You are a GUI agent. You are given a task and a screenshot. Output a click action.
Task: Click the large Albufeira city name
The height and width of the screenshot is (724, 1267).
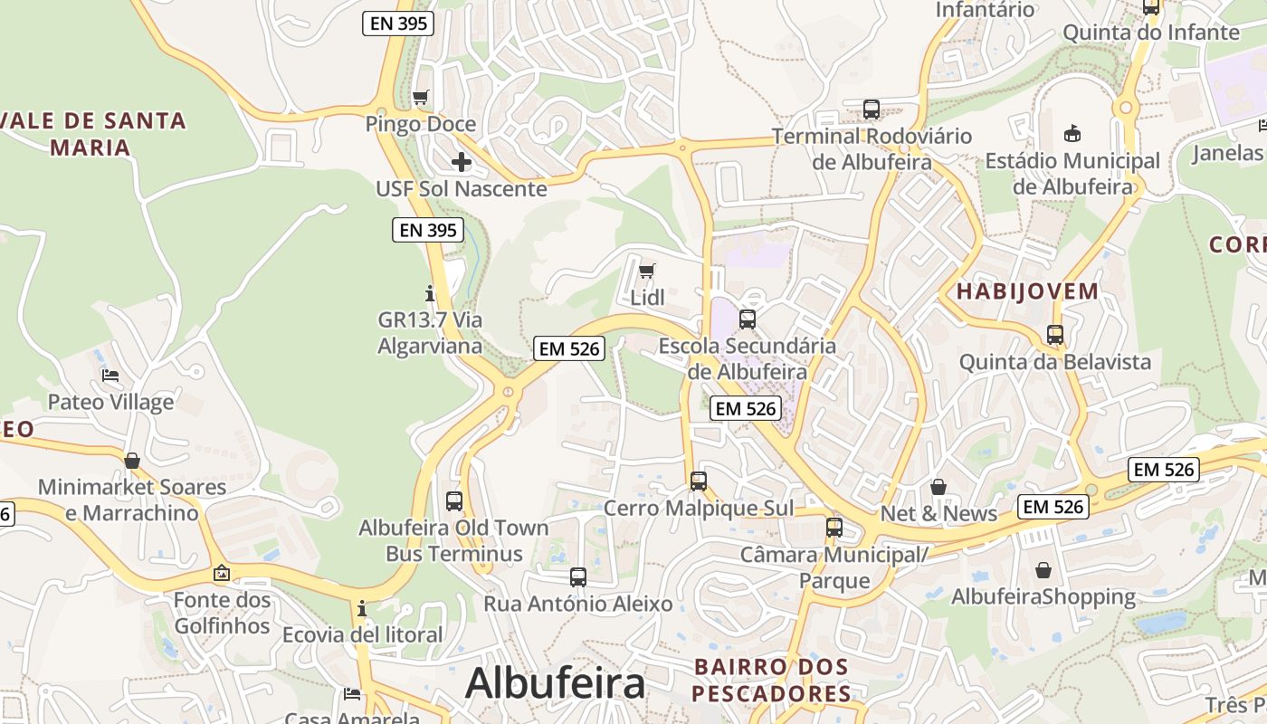[555, 683]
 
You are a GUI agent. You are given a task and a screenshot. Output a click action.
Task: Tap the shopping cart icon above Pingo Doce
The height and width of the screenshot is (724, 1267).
[420, 97]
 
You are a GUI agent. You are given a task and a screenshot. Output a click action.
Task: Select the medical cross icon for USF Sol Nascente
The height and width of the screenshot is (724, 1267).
[462, 162]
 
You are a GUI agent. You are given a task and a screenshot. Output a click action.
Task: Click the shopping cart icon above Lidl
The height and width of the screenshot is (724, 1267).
[646, 271]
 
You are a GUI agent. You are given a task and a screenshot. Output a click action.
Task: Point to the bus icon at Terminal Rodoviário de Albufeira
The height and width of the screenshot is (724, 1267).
[872, 110]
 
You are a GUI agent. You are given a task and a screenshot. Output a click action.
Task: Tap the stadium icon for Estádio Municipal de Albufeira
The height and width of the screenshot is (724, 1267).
[1072, 134]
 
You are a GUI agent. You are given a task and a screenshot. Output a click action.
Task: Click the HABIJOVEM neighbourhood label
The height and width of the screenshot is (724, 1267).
[1027, 291]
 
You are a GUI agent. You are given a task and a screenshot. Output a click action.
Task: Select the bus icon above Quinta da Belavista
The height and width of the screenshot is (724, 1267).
[1055, 335]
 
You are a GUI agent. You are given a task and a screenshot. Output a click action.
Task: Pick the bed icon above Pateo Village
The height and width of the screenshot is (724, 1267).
[110, 375]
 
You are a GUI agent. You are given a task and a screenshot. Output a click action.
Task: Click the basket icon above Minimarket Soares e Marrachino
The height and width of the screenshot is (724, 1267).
[132, 461]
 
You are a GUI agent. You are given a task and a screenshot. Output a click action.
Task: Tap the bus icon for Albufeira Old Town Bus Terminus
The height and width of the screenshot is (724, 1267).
[454, 500]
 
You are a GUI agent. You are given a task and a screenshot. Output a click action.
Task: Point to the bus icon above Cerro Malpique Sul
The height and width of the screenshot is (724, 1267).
[698, 481]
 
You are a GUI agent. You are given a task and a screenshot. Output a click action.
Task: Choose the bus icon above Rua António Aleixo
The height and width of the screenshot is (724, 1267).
[578, 576]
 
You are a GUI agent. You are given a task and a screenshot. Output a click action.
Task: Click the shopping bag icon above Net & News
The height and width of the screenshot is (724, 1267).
[938, 487]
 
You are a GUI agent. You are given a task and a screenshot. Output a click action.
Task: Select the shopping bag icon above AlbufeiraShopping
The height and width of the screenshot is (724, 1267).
[1043, 570]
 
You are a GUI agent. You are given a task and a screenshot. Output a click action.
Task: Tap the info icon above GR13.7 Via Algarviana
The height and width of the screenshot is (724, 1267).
[430, 293]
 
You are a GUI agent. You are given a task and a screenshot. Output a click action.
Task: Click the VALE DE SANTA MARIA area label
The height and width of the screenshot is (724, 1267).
[93, 133]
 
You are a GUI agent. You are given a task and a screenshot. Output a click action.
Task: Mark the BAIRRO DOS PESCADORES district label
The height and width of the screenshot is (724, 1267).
[771, 680]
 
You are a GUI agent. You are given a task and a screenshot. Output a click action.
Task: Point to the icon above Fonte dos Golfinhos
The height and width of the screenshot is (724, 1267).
[222, 573]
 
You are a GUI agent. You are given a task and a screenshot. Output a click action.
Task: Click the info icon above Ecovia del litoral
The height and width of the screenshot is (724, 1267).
[362, 608]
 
